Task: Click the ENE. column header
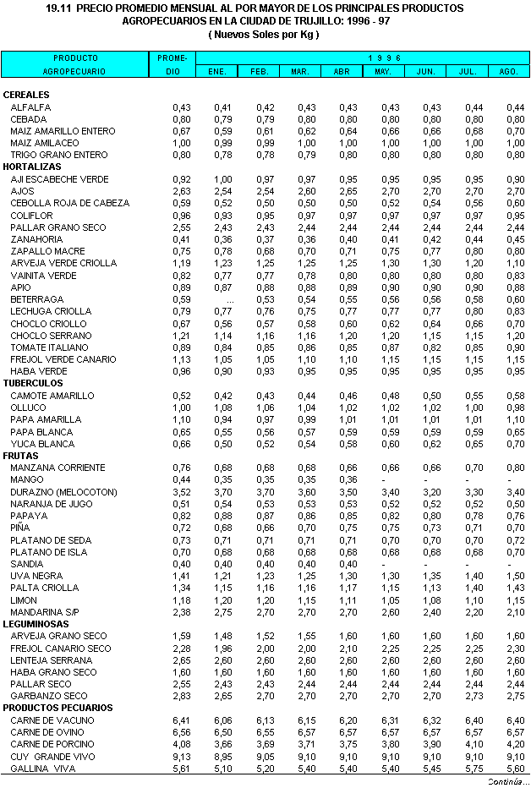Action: [216, 72]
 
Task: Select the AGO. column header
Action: [508, 72]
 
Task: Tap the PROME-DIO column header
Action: [172, 64]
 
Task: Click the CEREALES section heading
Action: [26, 95]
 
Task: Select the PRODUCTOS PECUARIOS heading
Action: [58, 708]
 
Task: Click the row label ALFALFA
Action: [30, 107]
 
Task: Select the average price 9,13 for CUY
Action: [181, 756]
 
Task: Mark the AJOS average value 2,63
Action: [181, 191]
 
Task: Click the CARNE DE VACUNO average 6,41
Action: [181, 720]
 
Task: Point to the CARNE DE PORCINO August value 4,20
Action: [515, 744]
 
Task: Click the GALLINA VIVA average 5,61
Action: [181, 768]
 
